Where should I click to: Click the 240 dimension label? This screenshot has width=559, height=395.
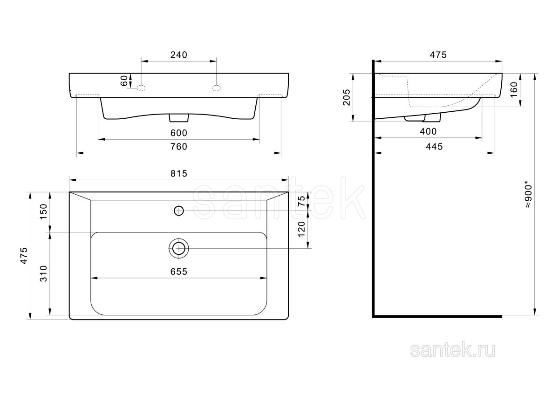tap(179, 55)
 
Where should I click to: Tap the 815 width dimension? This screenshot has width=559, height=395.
tap(179, 173)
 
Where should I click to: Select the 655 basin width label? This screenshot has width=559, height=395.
tap(179, 272)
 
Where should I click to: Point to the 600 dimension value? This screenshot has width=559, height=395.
tap(179, 133)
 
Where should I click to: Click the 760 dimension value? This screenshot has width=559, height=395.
tap(179, 146)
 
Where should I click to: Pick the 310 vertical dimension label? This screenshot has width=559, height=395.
tap(43, 273)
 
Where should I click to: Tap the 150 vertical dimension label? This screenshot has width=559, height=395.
tap(43, 211)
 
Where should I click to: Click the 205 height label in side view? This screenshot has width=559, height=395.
tap(347, 97)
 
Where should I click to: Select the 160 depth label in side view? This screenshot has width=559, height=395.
tap(514, 89)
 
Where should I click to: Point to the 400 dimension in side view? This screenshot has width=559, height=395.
tap(428, 131)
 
